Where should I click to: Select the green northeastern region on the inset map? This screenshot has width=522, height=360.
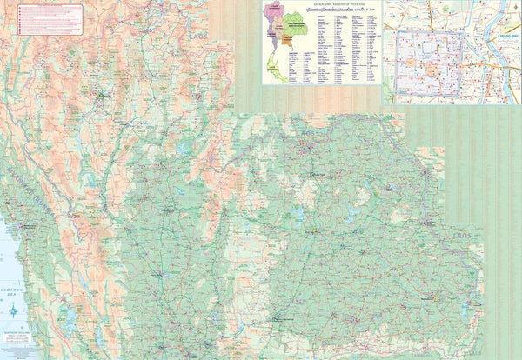coord(295,25)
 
